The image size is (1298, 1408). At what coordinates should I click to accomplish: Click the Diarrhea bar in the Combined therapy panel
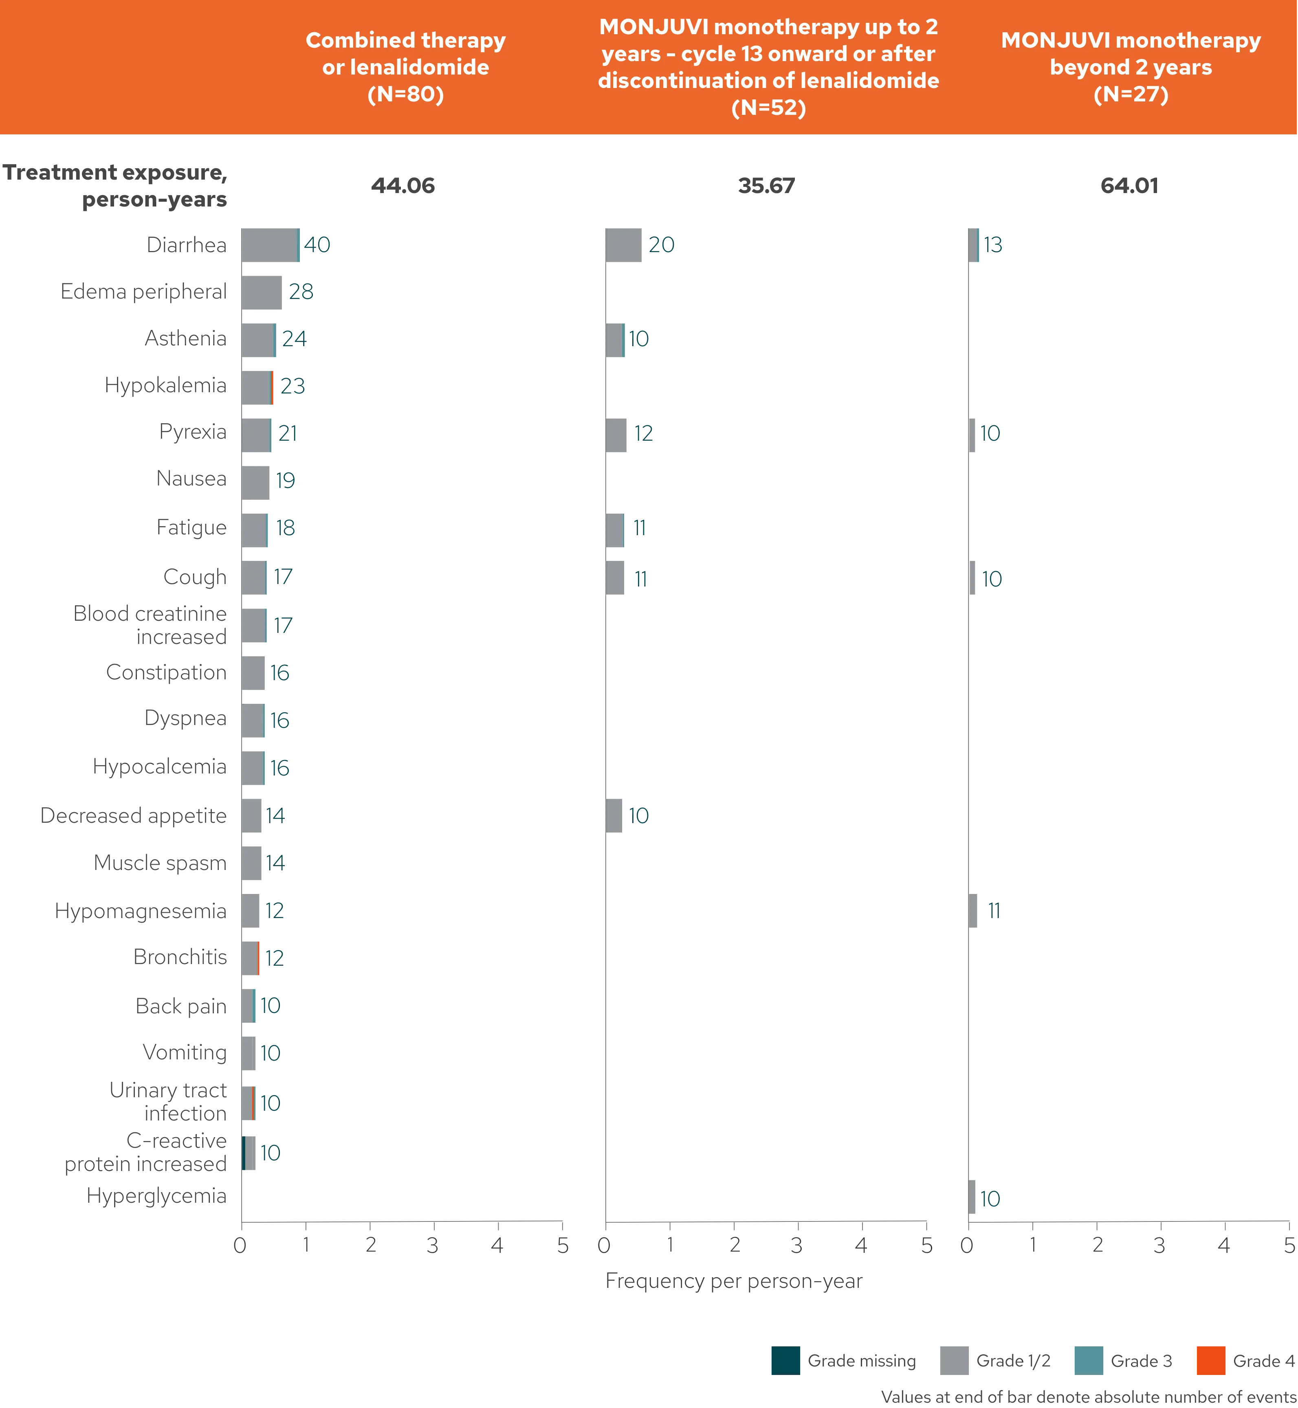[271, 246]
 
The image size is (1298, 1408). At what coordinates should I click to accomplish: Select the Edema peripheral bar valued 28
[263, 293]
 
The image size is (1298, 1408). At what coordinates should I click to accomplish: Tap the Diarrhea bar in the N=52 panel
[623, 246]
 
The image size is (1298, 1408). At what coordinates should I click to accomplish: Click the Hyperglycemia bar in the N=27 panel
[973, 1197]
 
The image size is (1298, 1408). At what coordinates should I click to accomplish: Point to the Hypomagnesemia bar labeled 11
[973, 911]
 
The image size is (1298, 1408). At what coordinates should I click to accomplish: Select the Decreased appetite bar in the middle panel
[613, 816]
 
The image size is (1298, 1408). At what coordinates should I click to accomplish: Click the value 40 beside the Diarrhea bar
[318, 245]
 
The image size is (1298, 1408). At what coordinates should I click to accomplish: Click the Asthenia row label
[186, 339]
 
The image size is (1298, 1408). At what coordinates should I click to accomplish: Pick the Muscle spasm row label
[162, 863]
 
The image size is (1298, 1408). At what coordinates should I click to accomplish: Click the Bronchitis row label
[181, 957]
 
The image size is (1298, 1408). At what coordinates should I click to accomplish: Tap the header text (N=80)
[405, 94]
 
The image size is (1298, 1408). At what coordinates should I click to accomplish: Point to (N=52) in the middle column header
[768, 108]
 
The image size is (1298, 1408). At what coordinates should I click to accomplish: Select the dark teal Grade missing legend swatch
[785, 1360]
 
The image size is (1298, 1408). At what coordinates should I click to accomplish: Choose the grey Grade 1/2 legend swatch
[955, 1360]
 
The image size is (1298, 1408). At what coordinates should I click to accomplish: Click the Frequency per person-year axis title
[734, 1282]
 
